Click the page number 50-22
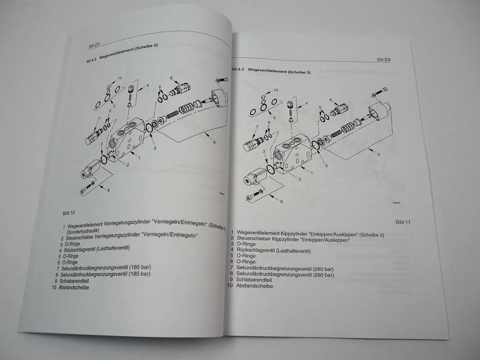94,46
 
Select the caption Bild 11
403,222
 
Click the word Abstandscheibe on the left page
74,287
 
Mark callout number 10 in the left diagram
120,78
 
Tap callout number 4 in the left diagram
147,86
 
